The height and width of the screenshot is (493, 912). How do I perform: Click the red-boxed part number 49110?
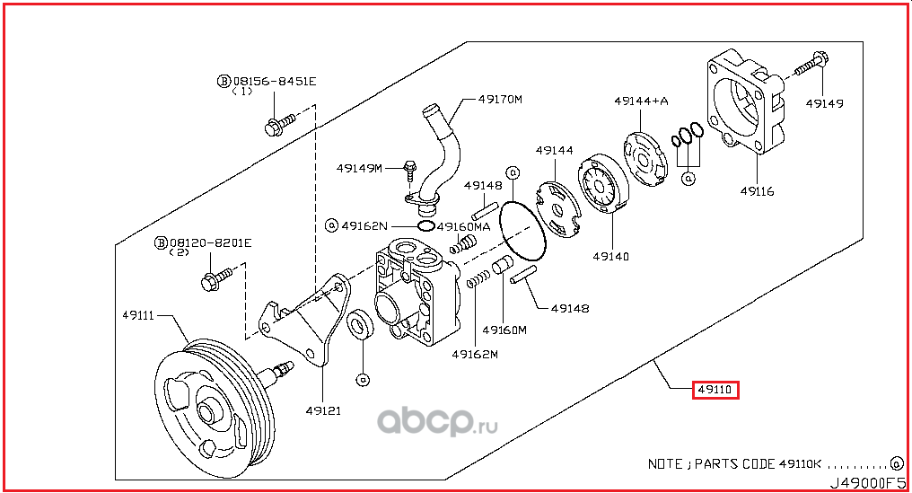coord(715,390)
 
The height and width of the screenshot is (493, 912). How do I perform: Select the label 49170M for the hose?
coord(500,99)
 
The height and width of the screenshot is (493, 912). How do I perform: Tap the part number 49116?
coord(757,191)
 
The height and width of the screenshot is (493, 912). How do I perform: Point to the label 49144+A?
coord(641,101)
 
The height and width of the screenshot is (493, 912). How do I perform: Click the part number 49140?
coord(610,256)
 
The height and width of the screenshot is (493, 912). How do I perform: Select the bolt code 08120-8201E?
coord(210,242)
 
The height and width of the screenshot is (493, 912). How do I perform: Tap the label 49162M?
coord(474,354)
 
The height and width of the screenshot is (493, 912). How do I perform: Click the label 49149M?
coord(360,167)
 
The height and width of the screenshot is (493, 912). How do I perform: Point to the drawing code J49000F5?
coord(866,483)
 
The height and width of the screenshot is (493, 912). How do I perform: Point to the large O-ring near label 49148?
coord(521,233)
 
